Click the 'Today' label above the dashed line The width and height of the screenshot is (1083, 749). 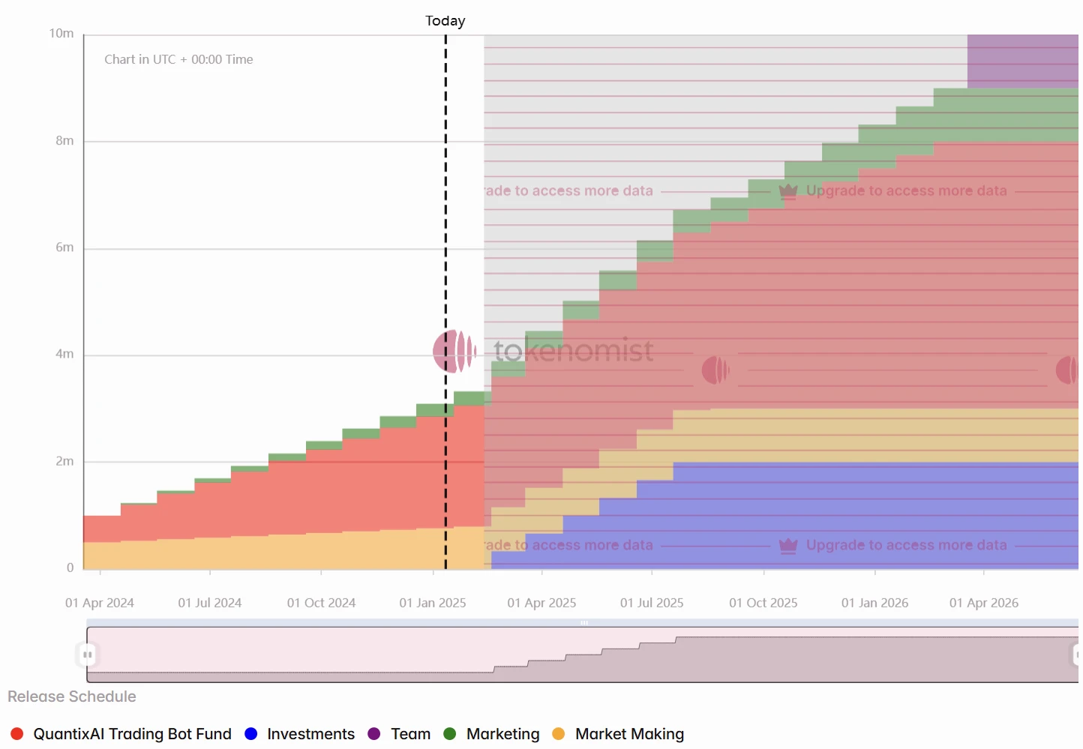click(445, 21)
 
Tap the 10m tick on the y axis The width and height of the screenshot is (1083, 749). click(61, 34)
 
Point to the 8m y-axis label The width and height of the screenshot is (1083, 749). click(64, 141)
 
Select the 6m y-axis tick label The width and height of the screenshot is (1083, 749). click(64, 247)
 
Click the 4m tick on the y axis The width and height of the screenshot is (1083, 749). click(64, 354)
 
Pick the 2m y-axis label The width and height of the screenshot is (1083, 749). click(64, 461)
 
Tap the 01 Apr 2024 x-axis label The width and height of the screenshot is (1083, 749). click(100, 603)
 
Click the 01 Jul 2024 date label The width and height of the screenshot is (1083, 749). click(210, 603)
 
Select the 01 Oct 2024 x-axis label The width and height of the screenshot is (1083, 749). click(321, 603)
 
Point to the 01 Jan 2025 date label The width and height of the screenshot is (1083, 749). click(433, 603)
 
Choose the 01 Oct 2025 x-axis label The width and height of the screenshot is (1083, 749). click(763, 603)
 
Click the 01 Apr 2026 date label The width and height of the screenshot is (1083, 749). click(984, 603)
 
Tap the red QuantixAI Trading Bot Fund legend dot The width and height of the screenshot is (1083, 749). click(17, 734)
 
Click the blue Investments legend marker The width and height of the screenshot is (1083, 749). click(251, 734)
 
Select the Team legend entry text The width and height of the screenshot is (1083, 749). click(410, 734)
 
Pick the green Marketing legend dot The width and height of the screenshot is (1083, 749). click(450, 734)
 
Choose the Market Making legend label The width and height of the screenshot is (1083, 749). click(629, 734)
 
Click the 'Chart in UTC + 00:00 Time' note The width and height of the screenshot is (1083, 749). click(178, 59)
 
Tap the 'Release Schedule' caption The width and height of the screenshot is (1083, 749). click(72, 697)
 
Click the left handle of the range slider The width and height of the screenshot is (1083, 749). click(88, 655)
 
